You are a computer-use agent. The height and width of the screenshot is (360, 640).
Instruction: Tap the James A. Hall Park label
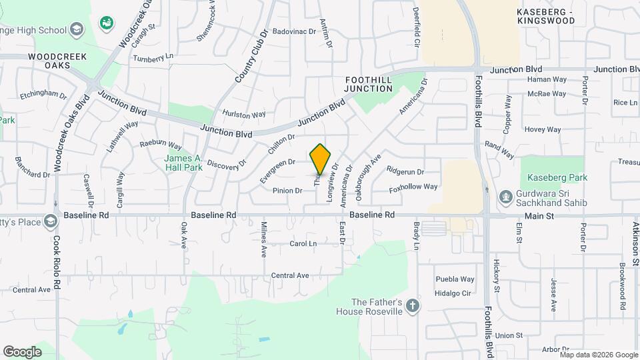click(183, 163)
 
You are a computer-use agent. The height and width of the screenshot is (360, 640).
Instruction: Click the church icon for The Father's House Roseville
click(413, 306)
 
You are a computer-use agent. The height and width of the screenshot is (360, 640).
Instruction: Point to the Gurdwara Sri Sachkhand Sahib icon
click(506, 197)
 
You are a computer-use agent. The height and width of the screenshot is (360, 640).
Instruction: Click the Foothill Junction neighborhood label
click(369, 84)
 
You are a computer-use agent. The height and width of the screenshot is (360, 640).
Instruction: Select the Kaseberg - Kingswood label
click(546, 16)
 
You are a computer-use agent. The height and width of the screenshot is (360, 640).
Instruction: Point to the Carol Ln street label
click(303, 244)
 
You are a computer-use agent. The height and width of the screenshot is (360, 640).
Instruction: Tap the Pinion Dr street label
click(287, 191)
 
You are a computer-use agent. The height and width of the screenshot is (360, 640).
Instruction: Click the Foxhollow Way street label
click(414, 187)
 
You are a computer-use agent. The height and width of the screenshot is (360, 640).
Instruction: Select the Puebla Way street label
click(455, 279)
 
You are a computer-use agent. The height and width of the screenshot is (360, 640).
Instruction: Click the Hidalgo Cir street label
click(453, 293)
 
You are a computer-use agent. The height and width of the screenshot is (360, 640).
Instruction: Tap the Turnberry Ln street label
click(153, 58)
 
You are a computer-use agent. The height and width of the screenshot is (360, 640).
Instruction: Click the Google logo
click(22, 351)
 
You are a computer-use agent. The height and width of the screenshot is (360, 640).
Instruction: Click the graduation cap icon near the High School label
click(77, 29)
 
